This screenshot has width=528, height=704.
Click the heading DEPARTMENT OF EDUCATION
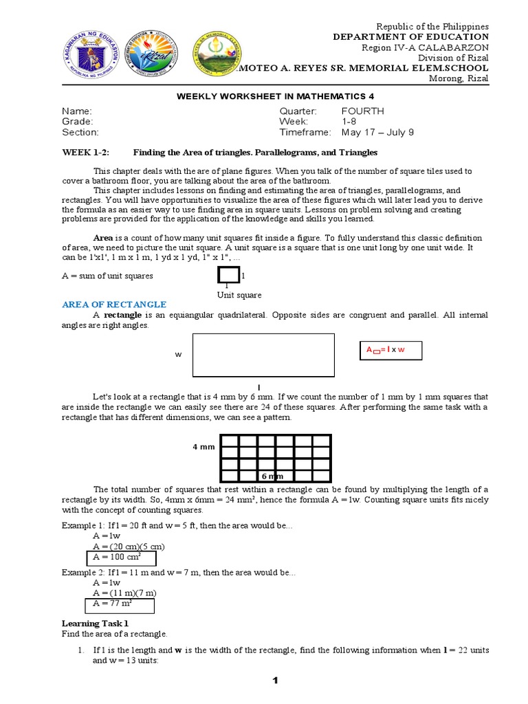(x=411, y=37)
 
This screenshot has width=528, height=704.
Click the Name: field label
(x=76, y=111)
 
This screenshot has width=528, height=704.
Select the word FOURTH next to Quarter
(x=362, y=111)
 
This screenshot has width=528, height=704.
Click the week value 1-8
(x=351, y=122)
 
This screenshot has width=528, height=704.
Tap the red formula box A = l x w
(x=390, y=351)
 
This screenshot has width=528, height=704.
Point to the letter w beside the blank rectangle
(x=178, y=355)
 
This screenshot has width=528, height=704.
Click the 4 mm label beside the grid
(x=204, y=447)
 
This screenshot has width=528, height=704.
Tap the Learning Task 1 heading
(x=95, y=623)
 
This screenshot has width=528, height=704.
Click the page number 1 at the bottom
(x=274, y=681)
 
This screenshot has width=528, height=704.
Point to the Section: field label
(x=80, y=133)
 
